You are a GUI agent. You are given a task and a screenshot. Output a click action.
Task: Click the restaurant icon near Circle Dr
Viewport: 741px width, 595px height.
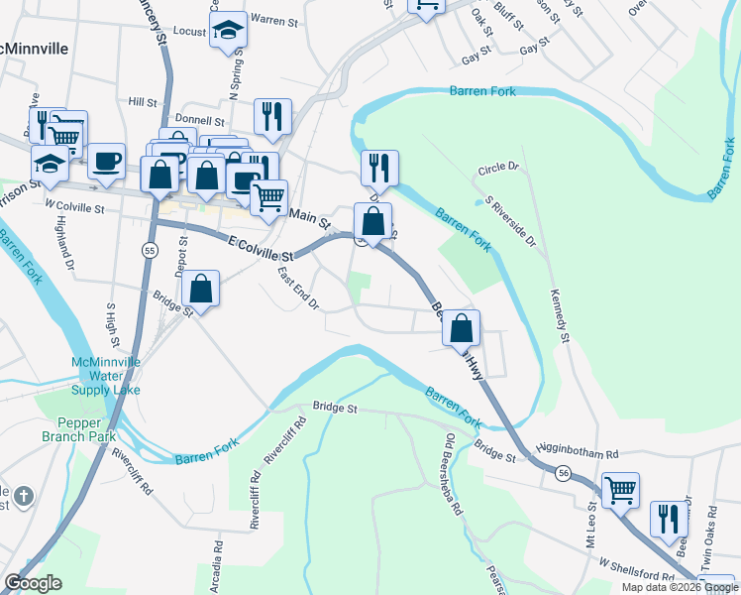379,169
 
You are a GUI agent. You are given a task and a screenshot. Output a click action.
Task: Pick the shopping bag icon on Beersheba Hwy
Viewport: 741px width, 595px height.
461,328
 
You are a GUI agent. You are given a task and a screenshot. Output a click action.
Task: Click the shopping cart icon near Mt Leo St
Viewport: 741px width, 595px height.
620,490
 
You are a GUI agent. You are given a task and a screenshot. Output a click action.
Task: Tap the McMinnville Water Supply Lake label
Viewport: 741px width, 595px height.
105,376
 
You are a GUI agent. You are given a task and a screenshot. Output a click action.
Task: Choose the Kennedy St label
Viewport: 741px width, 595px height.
560,316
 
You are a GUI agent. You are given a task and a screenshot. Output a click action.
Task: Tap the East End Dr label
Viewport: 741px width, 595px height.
297,289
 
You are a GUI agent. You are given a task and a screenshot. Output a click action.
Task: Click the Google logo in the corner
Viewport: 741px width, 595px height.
34,583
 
